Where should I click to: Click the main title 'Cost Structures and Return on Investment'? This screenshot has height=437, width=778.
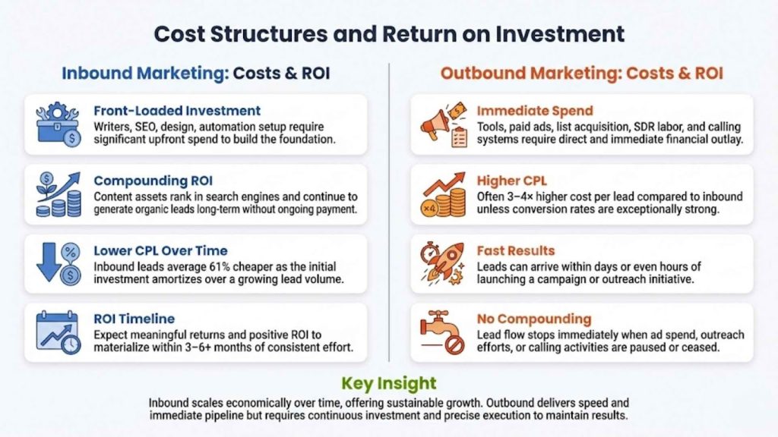389,33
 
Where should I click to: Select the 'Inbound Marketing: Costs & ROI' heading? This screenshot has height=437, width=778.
195,74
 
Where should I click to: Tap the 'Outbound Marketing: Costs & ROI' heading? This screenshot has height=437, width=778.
582,74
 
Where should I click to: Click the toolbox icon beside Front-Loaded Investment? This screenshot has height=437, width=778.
58,124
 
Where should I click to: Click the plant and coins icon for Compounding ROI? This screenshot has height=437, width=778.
58,194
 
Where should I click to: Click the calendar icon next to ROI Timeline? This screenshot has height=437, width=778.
58,332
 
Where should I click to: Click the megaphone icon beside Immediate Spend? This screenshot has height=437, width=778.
443,124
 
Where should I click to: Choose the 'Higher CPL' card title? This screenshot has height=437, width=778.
511,181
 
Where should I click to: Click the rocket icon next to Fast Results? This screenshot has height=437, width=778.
443,264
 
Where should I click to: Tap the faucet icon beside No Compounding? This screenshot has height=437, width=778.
443,332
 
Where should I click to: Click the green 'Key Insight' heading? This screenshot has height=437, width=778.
389,383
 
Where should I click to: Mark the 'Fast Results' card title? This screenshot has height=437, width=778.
516,250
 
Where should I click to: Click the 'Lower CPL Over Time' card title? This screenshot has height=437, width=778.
160,250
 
